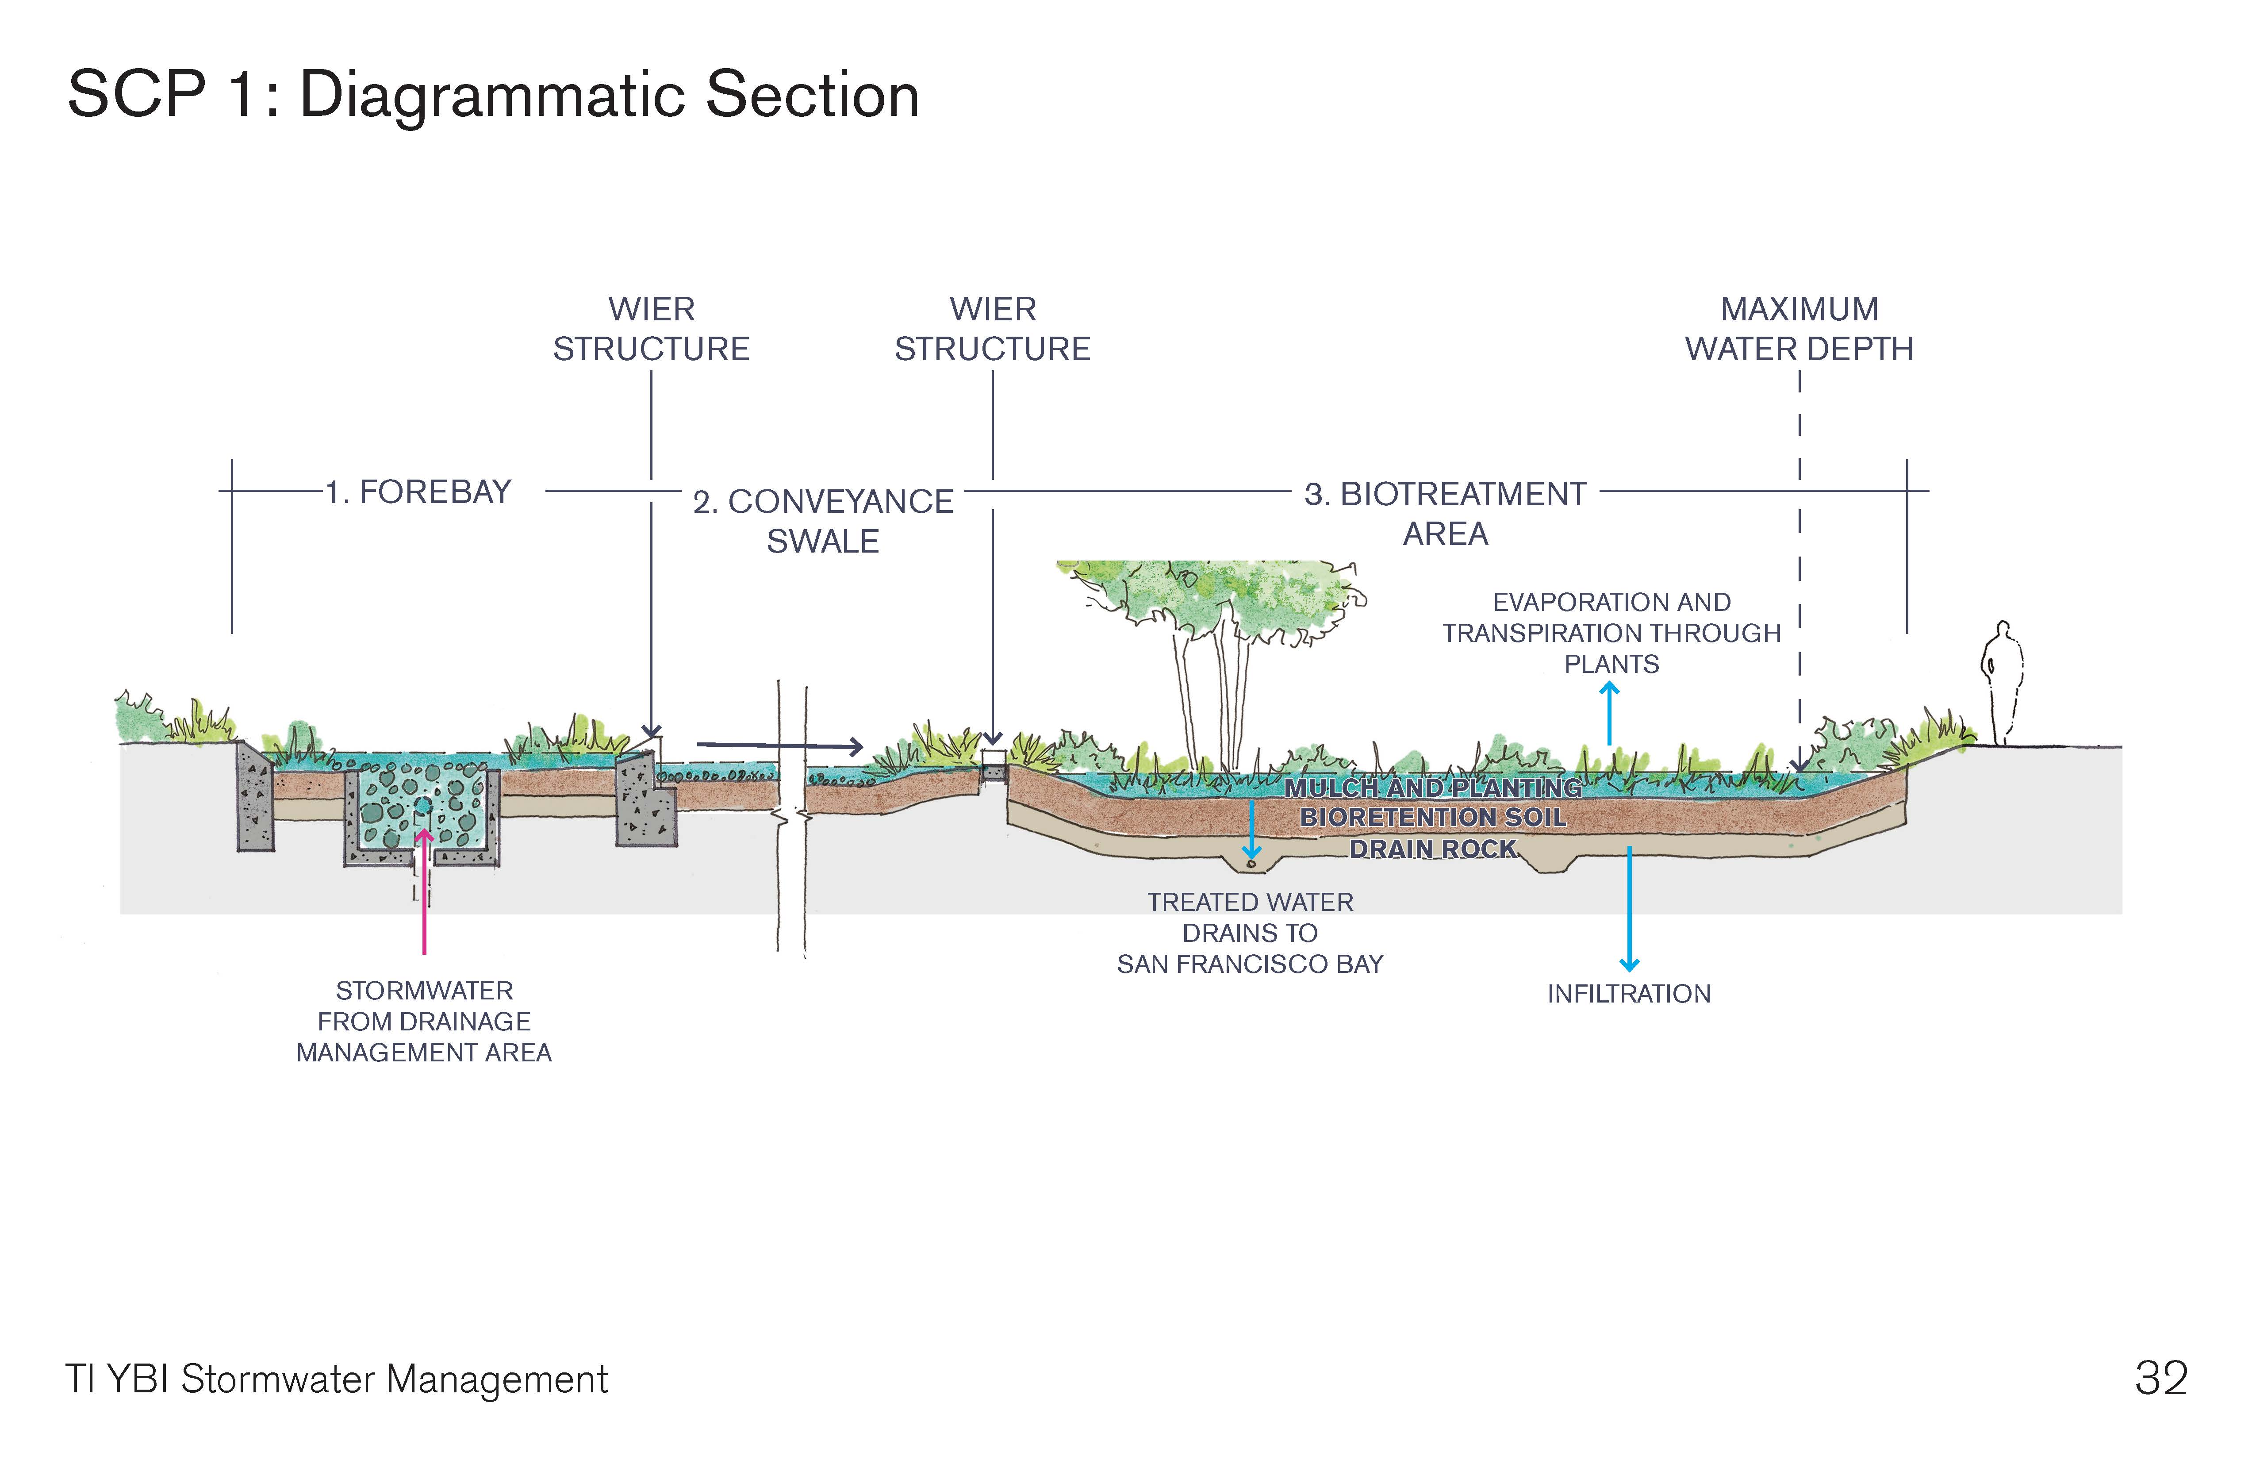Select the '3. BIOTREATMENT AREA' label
[x=1446, y=513]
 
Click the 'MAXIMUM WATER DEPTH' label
[x=1799, y=329]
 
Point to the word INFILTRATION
[x=1628, y=994]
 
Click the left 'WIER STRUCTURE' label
[x=651, y=329]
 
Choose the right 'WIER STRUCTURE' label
[x=993, y=329]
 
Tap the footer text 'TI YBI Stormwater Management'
[x=337, y=1379]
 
